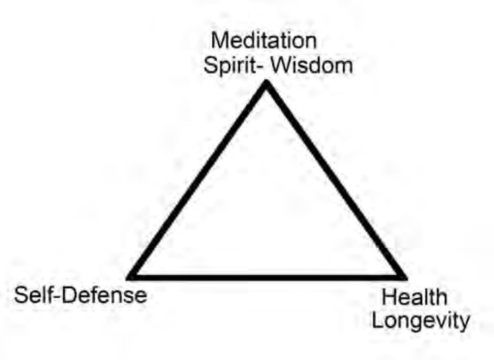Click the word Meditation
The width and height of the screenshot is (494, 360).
264,41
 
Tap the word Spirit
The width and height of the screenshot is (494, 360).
230,66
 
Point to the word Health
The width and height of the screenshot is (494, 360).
414,297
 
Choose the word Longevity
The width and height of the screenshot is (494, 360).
421,322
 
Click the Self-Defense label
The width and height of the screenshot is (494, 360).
81,296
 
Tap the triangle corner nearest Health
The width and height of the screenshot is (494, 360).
405,278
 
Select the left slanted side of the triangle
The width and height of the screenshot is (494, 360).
198,180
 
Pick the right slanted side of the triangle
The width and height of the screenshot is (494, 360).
336,180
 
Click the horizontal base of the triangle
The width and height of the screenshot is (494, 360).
266,277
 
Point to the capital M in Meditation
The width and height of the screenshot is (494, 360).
219,41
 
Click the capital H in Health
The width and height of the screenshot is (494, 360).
388,297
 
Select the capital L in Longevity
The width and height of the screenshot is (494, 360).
377,320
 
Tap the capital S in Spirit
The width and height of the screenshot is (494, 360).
211,66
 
